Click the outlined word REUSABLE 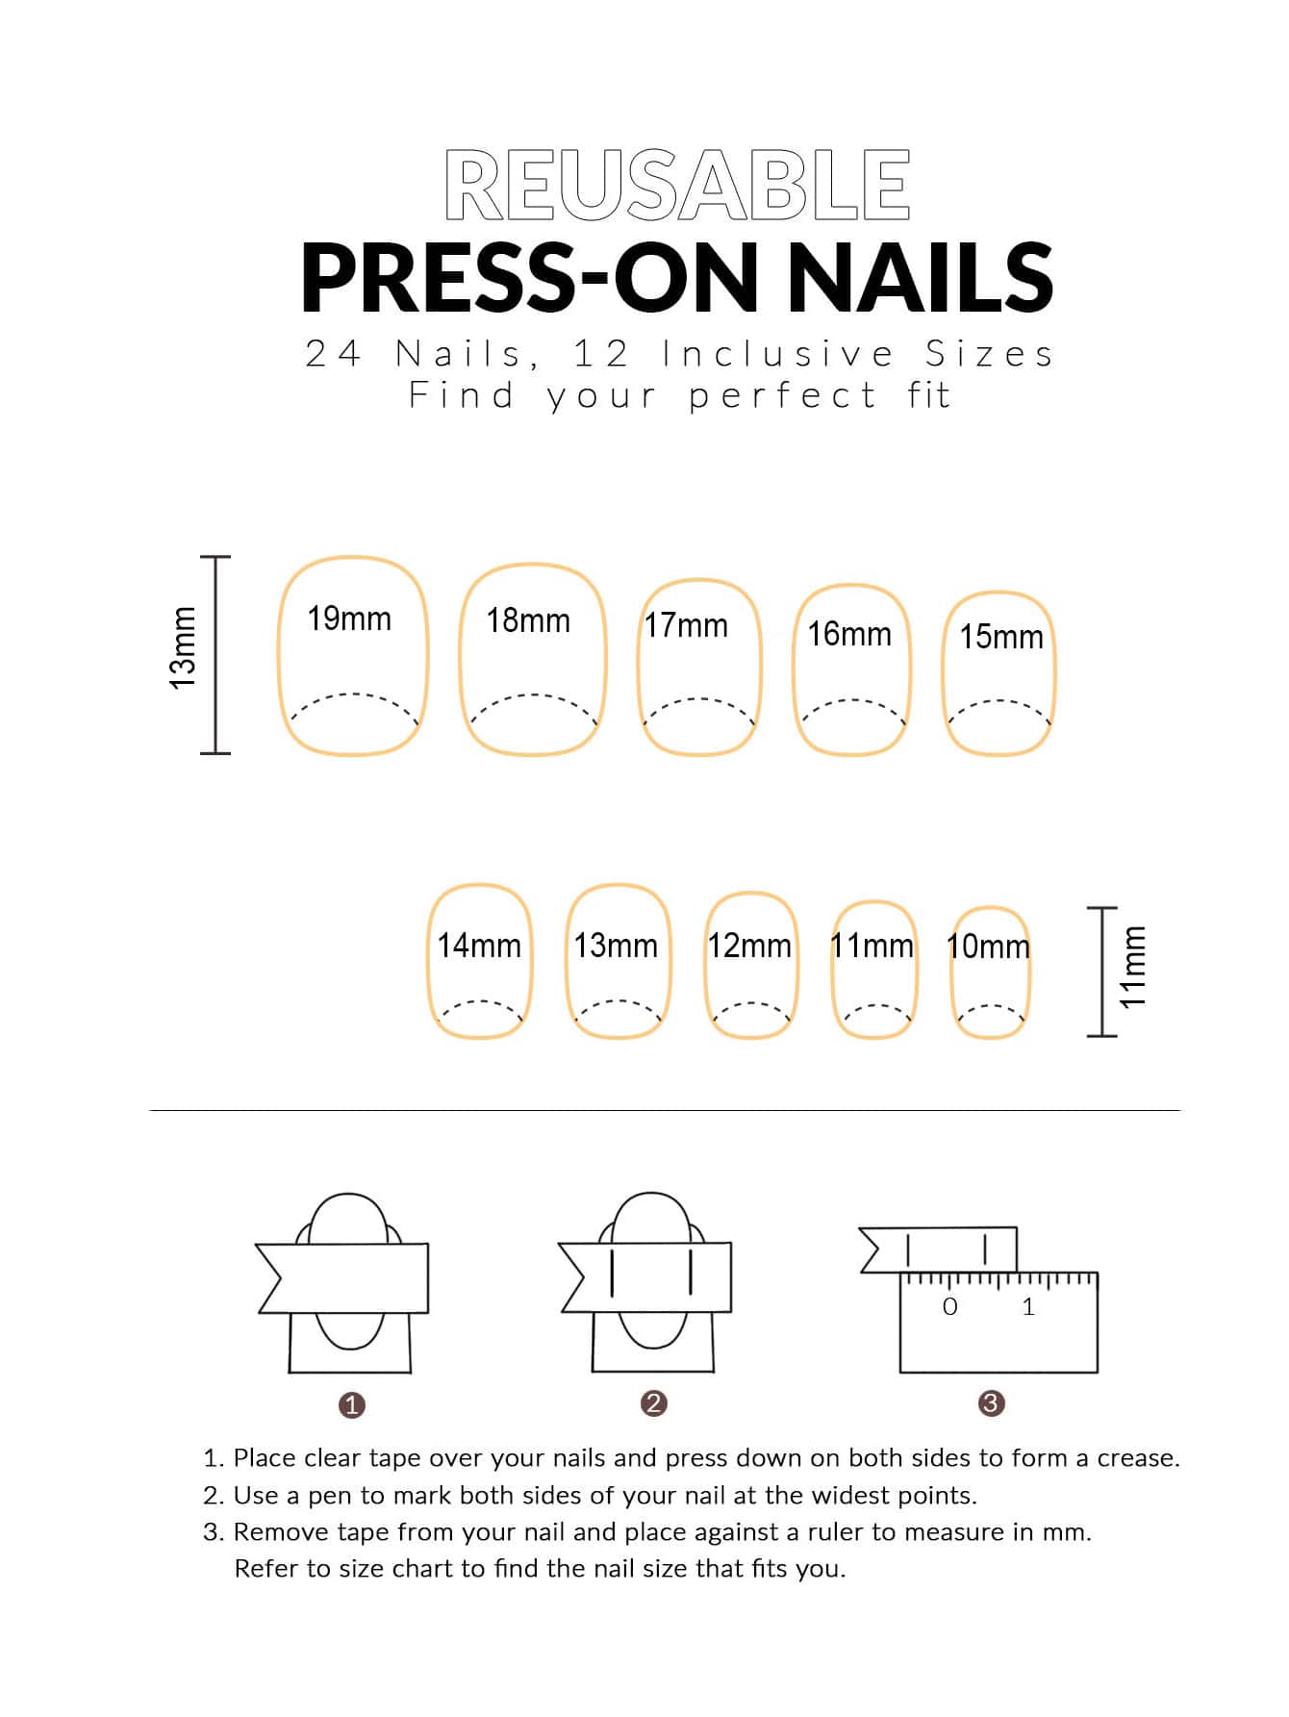(x=677, y=185)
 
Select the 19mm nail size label (x=349, y=619)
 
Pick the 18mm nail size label (x=528, y=620)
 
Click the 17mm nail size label (x=686, y=625)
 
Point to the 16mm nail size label (x=849, y=634)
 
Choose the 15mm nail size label (x=1001, y=637)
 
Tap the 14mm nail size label (x=479, y=946)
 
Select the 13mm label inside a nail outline (x=616, y=946)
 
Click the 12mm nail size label (x=749, y=946)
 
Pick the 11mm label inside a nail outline (x=872, y=946)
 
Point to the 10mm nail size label (x=989, y=947)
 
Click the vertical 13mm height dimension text (x=183, y=647)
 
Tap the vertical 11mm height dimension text (x=1133, y=967)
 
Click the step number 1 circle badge (x=352, y=1405)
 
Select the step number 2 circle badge (x=653, y=1403)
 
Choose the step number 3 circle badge (x=991, y=1403)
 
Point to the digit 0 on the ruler (x=950, y=1306)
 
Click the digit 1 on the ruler (x=1028, y=1306)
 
